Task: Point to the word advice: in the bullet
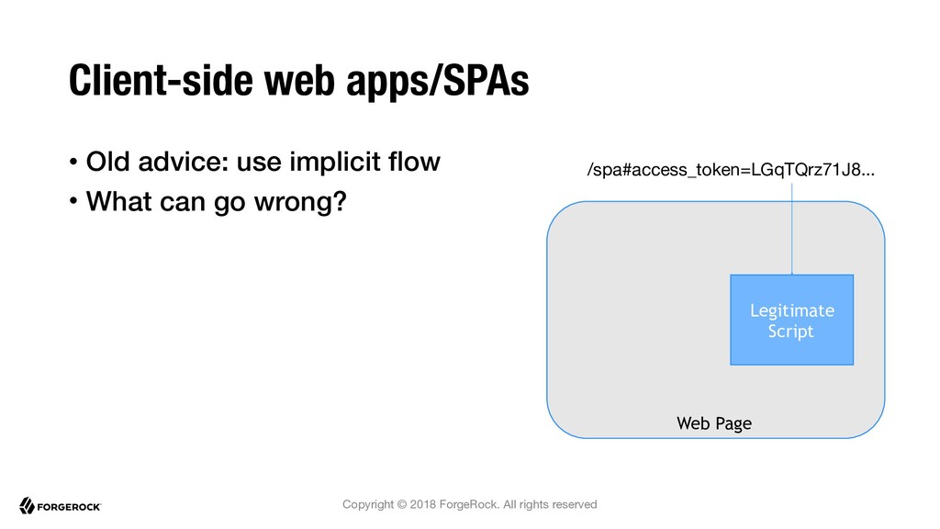point(183,162)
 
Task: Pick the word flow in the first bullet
point(414,162)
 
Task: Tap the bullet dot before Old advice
point(73,162)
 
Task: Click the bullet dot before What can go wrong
point(73,201)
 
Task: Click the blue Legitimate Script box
point(791,320)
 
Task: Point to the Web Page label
point(714,423)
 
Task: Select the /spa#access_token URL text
point(731,170)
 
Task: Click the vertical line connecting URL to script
point(792,229)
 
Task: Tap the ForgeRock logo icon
point(27,506)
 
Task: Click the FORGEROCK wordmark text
point(69,507)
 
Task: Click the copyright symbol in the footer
point(402,504)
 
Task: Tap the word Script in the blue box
point(790,332)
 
